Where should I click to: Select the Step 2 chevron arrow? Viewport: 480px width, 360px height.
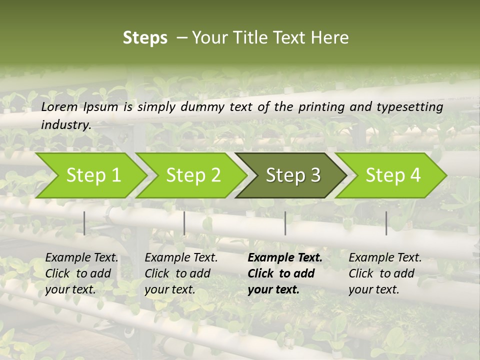pos(192,175)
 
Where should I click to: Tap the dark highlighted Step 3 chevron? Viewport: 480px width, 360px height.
pos(292,175)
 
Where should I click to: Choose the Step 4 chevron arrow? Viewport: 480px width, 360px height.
pos(392,175)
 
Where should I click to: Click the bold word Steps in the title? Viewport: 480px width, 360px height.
pos(145,37)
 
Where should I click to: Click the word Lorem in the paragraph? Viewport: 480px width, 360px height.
pos(59,106)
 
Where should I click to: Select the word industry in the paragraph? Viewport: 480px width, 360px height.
pos(65,125)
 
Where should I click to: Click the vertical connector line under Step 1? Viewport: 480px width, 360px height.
pos(84,223)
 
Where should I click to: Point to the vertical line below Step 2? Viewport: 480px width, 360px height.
pos(184,223)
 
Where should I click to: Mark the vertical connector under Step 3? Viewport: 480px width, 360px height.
pos(285,223)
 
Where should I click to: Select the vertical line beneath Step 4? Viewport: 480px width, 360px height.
pos(386,223)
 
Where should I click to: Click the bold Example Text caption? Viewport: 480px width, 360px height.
pos(285,273)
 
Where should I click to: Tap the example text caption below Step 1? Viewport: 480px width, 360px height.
pos(81,273)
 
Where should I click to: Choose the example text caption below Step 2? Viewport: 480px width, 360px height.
pos(181,273)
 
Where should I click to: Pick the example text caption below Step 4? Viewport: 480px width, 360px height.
pos(385,273)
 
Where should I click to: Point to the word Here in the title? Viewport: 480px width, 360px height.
pos(330,37)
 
